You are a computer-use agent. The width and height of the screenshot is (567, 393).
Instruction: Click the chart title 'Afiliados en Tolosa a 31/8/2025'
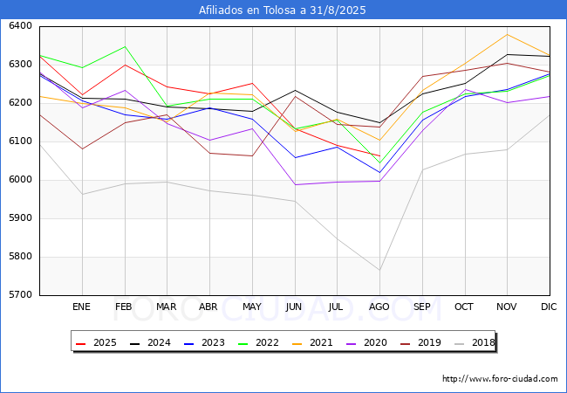pos(283,10)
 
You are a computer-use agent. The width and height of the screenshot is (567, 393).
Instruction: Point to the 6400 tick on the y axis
pos(21,26)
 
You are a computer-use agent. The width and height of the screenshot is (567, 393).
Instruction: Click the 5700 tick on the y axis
pos(21,295)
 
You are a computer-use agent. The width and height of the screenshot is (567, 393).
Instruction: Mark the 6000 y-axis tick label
pos(21,180)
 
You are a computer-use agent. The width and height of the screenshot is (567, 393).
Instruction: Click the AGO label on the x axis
pos(379,307)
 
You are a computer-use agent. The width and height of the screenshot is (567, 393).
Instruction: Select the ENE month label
pos(81,307)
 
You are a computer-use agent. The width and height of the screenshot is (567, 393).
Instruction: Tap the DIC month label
pos(549,307)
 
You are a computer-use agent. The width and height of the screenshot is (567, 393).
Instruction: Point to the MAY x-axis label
pos(251,307)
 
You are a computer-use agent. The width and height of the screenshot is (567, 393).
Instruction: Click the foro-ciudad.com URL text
pos(500,379)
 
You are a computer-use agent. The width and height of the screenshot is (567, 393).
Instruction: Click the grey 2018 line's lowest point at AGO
pos(379,270)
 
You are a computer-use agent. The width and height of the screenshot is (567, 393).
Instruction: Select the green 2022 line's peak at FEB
pos(124,46)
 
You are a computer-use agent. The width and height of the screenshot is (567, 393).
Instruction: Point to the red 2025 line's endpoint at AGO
pos(379,156)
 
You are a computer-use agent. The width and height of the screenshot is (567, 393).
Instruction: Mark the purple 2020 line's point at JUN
pos(295,184)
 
